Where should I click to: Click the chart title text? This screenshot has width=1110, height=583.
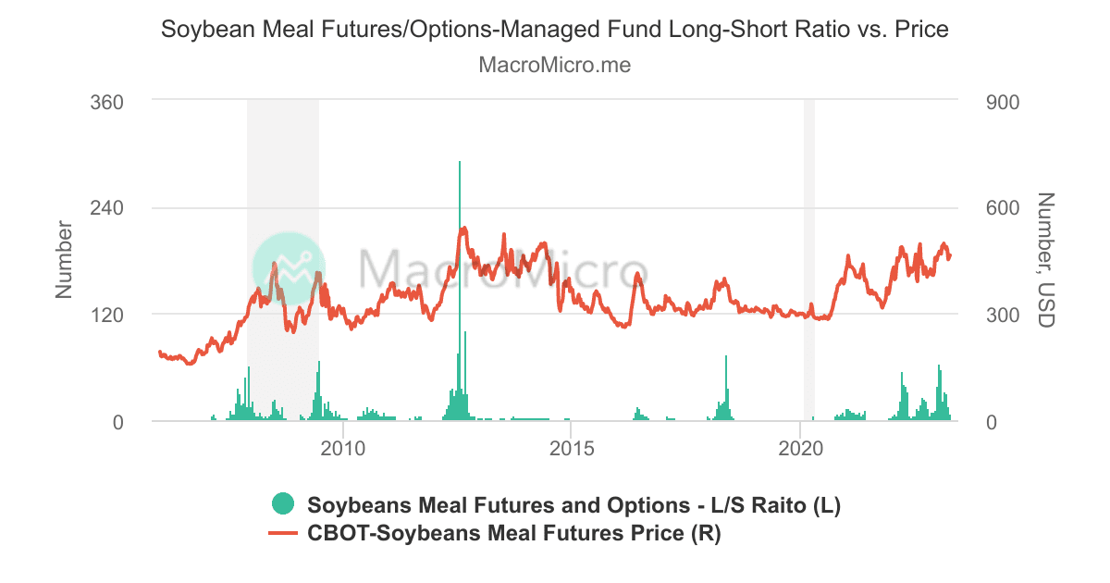coord(555,30)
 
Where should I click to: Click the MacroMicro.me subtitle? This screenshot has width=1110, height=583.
coord(555,66)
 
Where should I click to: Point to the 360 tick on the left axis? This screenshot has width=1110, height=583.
coord(106,101)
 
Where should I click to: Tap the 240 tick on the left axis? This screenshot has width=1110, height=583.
coord(106,208)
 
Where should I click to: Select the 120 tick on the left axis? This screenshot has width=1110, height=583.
coord(106,315)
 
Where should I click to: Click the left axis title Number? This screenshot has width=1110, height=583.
coord(64,259)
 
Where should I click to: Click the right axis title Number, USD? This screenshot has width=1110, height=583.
coord(1046,259)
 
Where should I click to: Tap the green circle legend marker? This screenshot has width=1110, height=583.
coord(282,505)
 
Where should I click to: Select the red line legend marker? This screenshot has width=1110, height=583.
coord(282,534)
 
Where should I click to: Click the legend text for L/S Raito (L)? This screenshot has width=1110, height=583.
coord(573,506)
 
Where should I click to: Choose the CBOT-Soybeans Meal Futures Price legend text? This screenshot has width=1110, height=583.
coord(513,534)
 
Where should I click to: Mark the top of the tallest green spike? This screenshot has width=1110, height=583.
coord(459,163)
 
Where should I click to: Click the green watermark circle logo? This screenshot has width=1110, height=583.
coord(289,268)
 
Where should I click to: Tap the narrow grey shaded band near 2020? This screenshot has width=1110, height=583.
coord(809,259)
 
